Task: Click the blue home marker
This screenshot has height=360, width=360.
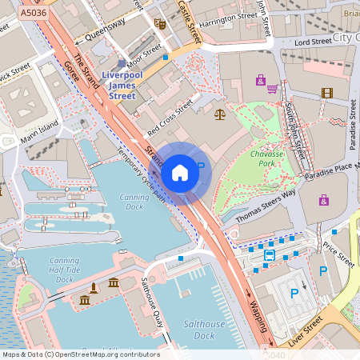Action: [x=180, y=173]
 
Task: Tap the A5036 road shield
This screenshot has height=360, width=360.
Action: [x=33, y=14]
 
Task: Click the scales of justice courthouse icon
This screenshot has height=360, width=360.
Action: [x=220, y=115]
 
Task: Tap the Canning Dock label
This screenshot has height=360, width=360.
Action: [x=134, y=202]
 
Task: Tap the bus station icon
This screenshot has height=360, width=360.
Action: [x=270, y=255]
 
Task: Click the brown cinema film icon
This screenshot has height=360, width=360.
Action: [x=326, y=93]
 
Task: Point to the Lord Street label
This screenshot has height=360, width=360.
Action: [x=313, y=41]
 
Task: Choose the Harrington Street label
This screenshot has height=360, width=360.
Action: [x=227, y=17]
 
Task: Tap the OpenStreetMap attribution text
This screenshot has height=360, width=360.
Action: [x=81, y=354]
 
